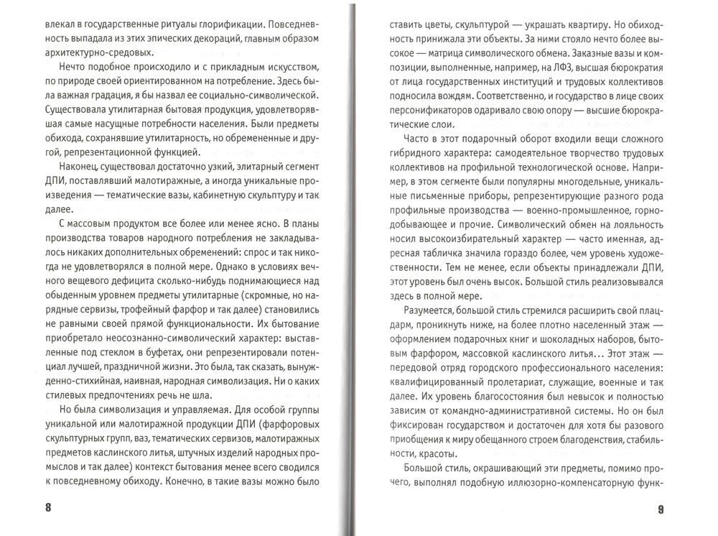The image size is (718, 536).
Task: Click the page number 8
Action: point(48,508)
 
